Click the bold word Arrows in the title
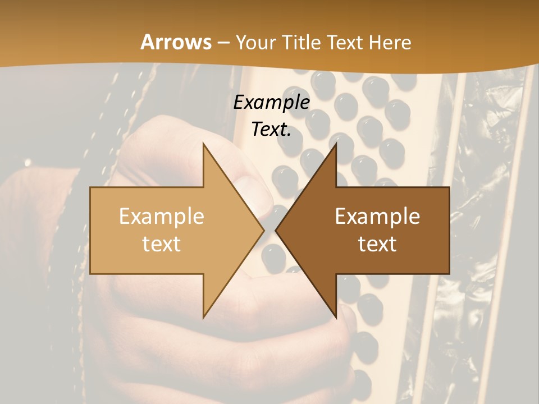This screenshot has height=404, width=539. pyautogui.click(x=176, y=42)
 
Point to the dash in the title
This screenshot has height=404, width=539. pyautogui.click(x=223, y=43)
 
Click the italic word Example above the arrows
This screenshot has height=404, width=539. pyautogui.click(x=272, y=102)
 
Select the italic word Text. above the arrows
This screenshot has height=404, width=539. pyautogui.click(x=272, y=129)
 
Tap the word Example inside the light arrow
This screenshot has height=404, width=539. pyautogui.click(x=162, y=217)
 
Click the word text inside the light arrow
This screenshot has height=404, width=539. pyautogui.click(x=162, y=244)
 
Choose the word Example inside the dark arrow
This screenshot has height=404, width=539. pyautogui.click(x=377, y=217)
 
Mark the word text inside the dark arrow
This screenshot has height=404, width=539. pyautogui.click(x=377, y=244)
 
